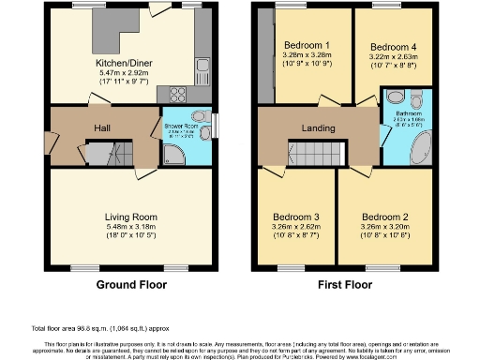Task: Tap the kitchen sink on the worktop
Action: [202, 67]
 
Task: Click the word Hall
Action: [103, 129]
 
